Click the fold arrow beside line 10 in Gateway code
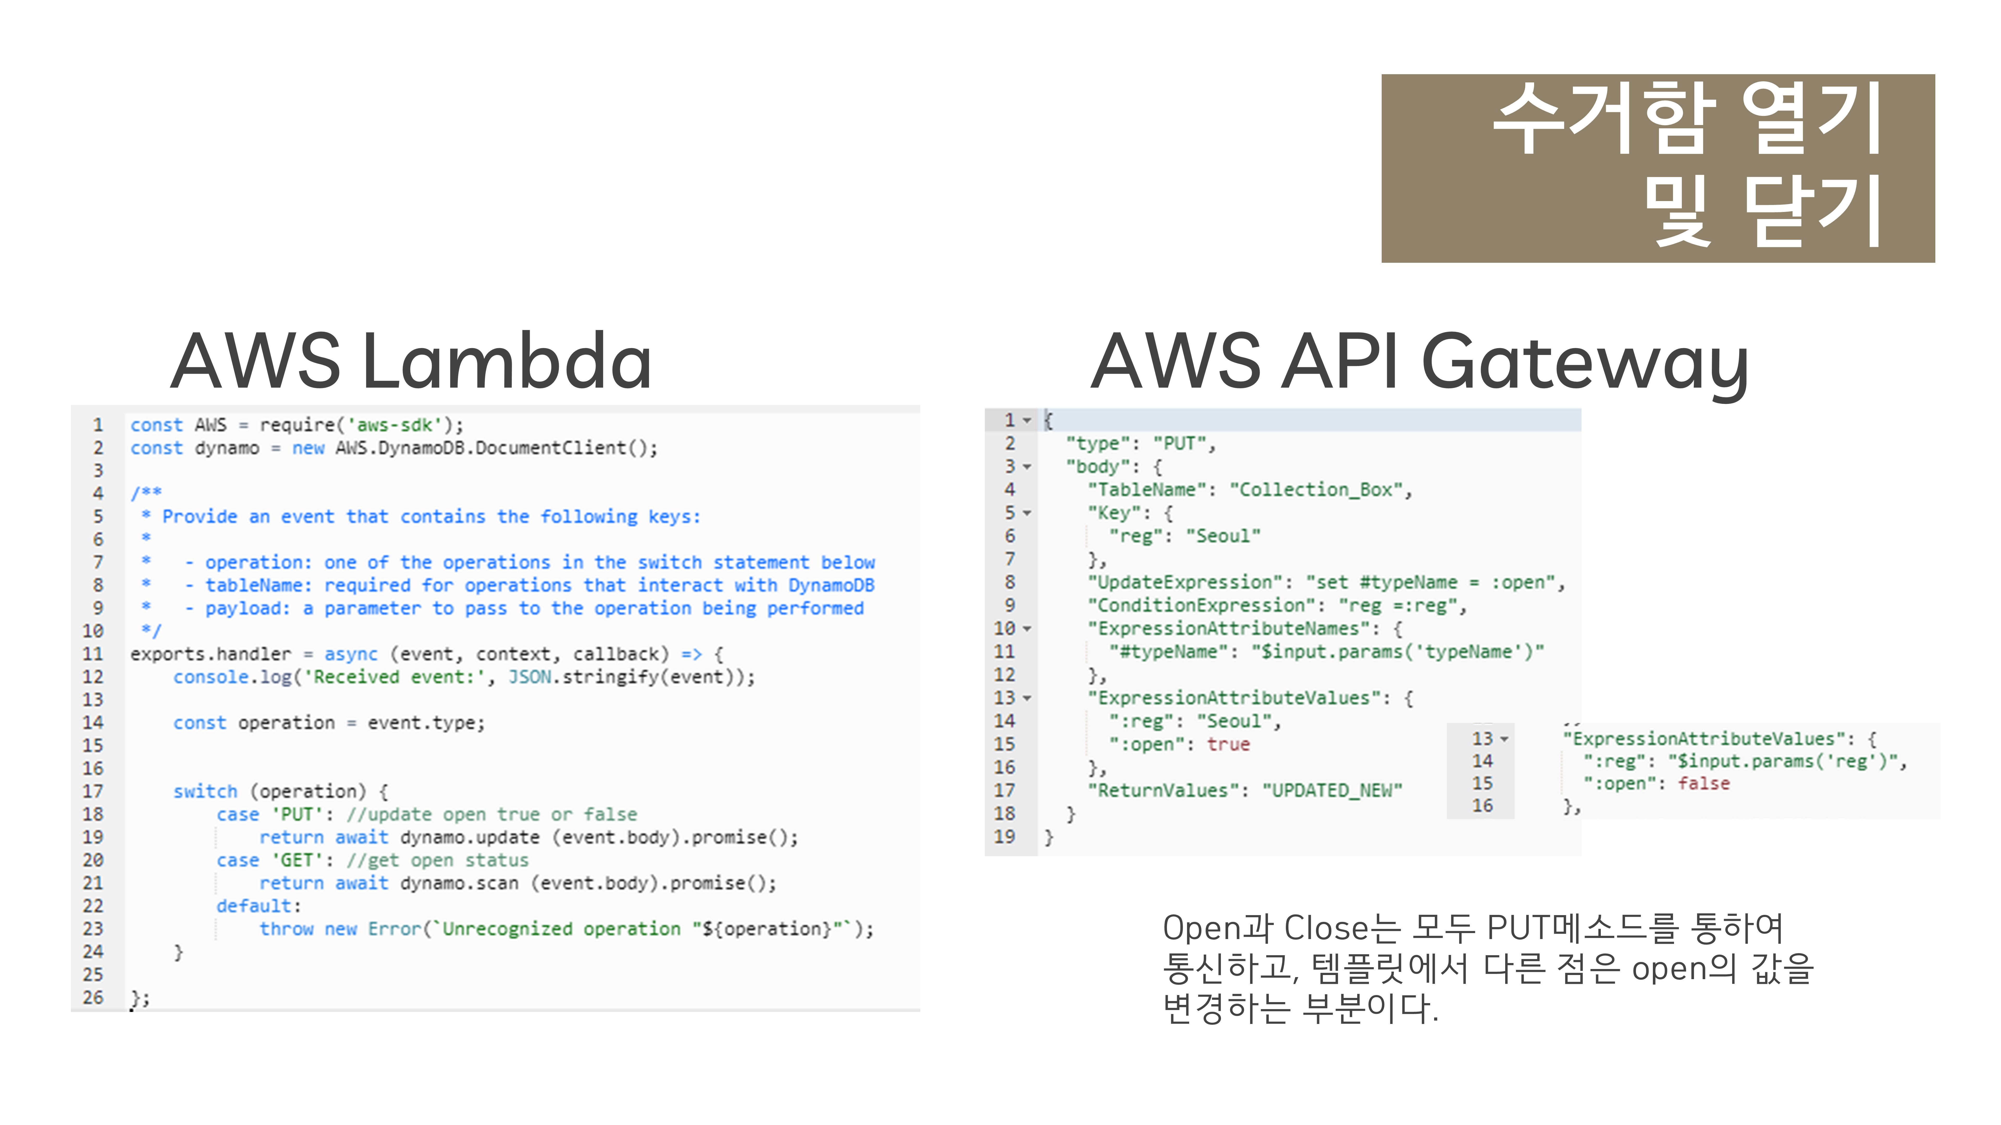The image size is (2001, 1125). tap(1027, 629)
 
